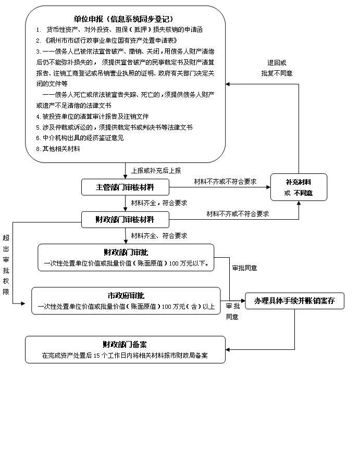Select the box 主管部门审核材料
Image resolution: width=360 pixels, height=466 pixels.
click(125, 187)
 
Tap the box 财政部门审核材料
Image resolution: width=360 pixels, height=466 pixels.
click(125, 219)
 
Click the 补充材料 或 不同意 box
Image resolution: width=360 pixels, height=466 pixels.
click(299, 187)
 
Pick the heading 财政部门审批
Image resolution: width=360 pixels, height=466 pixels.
click(125, 253)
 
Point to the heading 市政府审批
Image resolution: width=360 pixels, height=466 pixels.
click(125, 295)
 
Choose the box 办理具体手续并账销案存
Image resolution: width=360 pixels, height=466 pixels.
click(294, 301)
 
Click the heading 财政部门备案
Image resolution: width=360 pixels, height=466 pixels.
click(125, 345)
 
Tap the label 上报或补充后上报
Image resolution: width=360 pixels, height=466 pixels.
click(156, 170)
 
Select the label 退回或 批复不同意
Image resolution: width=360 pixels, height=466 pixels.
click(277, 68)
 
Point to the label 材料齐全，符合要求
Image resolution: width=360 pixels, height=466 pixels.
click(159, 203)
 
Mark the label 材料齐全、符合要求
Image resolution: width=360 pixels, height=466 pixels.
click(159, 236)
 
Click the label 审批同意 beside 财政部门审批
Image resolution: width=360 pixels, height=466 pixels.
click(244, 268)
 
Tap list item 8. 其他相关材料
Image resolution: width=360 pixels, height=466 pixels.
click(58, 149)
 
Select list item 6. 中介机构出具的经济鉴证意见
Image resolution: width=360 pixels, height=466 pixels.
click(80, 138)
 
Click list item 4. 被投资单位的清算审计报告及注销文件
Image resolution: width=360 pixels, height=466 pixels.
click(93, 116)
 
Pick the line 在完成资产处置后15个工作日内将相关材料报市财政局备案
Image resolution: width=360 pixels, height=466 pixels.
click(125, 356)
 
